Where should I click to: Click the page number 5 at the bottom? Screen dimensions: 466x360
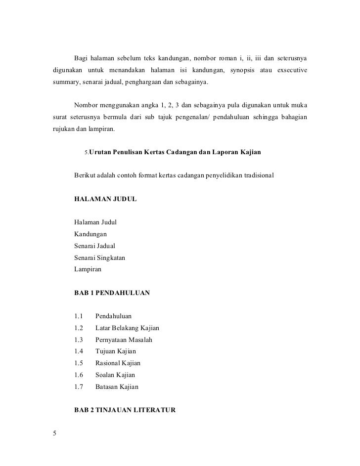(55, 434)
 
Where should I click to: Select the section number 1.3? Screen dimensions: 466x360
(78, 339)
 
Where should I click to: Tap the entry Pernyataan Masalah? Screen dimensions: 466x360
(124, 339)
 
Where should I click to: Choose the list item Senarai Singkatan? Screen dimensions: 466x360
(99, 257)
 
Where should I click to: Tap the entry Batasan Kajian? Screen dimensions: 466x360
(117, 387)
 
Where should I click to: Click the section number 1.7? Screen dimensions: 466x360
(78, 387)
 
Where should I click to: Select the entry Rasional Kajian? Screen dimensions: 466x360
(118, 363)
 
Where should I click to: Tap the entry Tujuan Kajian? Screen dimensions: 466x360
(115, 351)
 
